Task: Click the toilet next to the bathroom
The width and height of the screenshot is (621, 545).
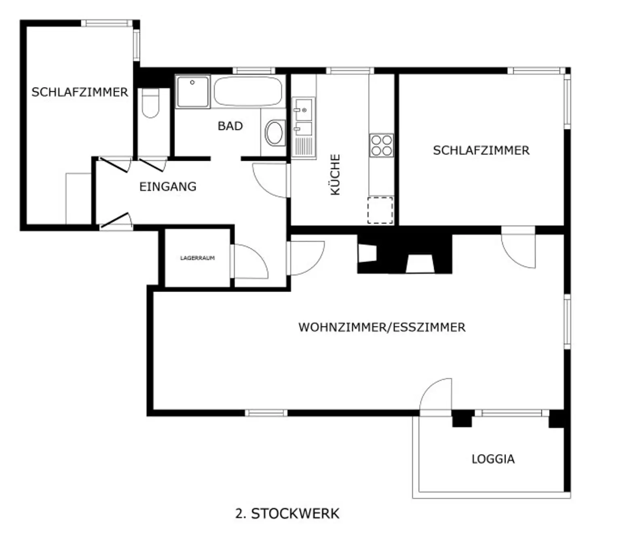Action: (x=150, y=104)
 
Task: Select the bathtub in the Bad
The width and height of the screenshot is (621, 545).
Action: (x=248, y=91)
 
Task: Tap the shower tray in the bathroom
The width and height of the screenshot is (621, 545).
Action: (x=193, y=91)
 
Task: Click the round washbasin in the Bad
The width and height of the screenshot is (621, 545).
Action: (x=275, y=133)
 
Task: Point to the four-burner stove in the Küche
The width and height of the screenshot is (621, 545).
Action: (x=381, y=145)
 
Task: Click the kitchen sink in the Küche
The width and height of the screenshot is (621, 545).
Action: (x=303, y=120)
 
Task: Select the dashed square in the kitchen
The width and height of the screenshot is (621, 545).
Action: (x=380, y=210)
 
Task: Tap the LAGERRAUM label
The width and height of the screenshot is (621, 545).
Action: (x=197, y=258)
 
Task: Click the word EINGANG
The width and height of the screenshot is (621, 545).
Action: (x=168, y=187)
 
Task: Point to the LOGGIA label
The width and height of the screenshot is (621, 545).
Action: (x=493, y=459)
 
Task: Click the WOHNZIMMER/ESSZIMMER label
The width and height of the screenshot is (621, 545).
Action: (x=382, y=327)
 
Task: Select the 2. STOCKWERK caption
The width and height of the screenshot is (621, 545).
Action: (x=287, y=513)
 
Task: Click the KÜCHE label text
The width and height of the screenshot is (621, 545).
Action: (x=335, y=175)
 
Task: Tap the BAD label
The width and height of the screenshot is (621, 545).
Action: (x=230, y=126)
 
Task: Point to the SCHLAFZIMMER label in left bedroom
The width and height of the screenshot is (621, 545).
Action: (x=80, y=92)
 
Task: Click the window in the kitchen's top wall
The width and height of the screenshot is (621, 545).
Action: (x=350, y=71)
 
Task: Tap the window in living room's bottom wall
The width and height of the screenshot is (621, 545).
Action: (x=266, y=412)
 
